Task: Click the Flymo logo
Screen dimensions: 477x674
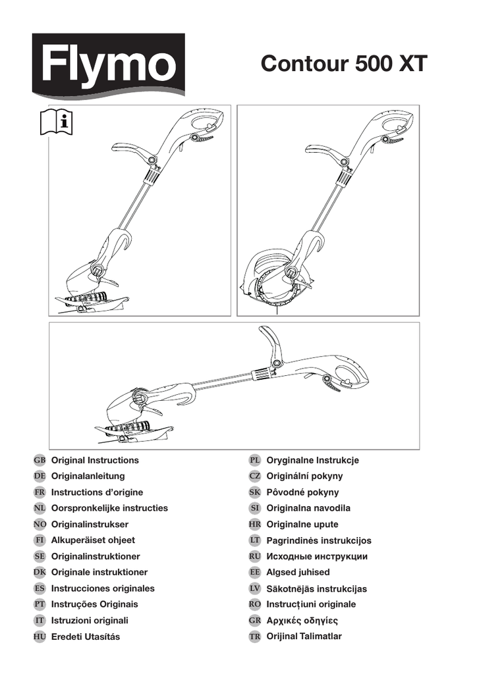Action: point(109,65)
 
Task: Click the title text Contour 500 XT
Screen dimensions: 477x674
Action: point(344,64)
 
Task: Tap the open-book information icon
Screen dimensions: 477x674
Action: point(57,122)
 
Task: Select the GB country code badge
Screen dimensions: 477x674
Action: point(40,460)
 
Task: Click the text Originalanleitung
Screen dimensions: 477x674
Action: point(88,477)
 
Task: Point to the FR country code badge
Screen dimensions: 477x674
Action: point(40,492)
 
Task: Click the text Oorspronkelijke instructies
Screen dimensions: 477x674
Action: point(109,508)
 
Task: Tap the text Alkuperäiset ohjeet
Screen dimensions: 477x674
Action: point(93,540)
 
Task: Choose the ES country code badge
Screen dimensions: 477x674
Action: point(40,588)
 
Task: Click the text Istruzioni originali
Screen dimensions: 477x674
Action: point(90,620)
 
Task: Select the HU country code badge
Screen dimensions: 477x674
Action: point(40,636)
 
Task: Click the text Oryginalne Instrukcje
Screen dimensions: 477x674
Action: point(313,460)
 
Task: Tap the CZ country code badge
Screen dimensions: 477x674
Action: point(255,477)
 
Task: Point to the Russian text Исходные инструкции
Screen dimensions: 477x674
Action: point(317,557)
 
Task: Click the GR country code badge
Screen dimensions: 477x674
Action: point(255,620)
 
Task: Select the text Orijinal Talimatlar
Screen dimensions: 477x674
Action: point(304,636)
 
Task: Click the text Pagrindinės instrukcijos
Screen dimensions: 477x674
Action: point(319,540)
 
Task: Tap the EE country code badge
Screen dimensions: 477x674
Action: point(255,573)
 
